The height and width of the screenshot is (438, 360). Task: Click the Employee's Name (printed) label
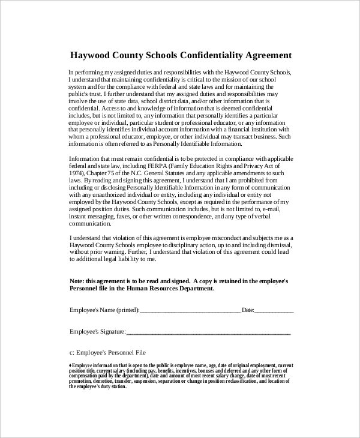tap(104, 310)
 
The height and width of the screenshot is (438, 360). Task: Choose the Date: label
tap(248, 310)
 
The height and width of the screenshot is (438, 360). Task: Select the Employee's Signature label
tap(98, 331)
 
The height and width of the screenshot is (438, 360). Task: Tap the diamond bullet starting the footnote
tap(71, 365)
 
